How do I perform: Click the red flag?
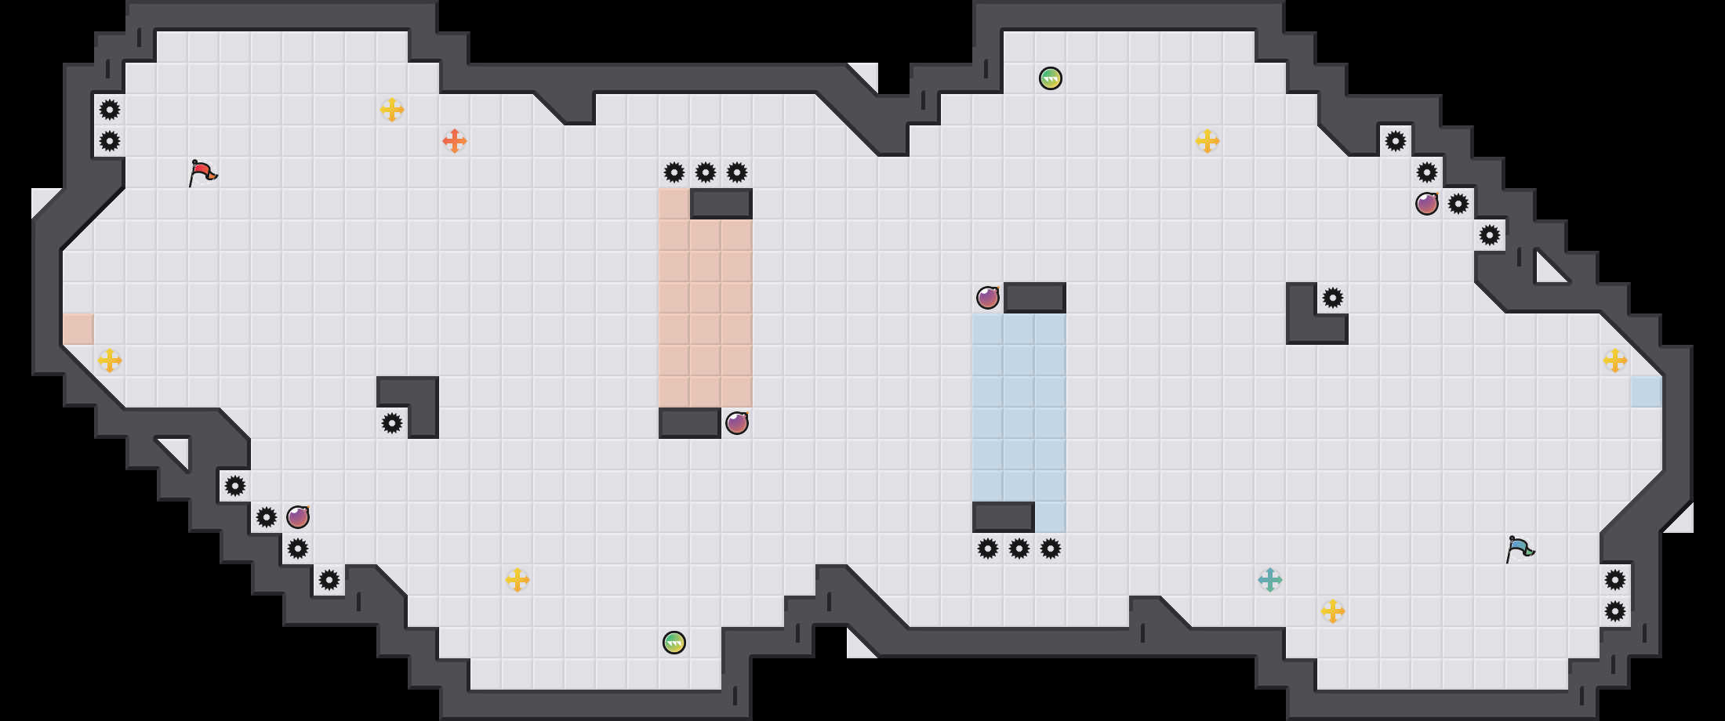202,172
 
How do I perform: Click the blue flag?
1520,549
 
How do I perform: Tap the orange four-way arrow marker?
455,141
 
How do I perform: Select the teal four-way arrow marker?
1270,580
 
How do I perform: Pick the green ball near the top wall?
1051,78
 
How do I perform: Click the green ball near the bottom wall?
674,643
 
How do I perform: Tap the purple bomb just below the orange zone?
737,423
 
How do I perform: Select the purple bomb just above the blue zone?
988,298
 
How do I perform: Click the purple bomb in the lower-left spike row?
298,517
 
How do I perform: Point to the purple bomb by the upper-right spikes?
1427,204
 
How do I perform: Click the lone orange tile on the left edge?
78,329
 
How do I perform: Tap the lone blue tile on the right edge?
1647,392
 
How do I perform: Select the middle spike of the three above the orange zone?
706,172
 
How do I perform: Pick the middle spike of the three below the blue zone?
1019,549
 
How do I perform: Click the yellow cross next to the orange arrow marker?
392,110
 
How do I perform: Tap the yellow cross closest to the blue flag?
1333,611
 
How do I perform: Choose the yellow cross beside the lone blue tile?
1615,360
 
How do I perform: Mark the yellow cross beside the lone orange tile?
110,360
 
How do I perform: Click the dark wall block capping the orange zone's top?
721,204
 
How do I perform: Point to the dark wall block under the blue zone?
1004,517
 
